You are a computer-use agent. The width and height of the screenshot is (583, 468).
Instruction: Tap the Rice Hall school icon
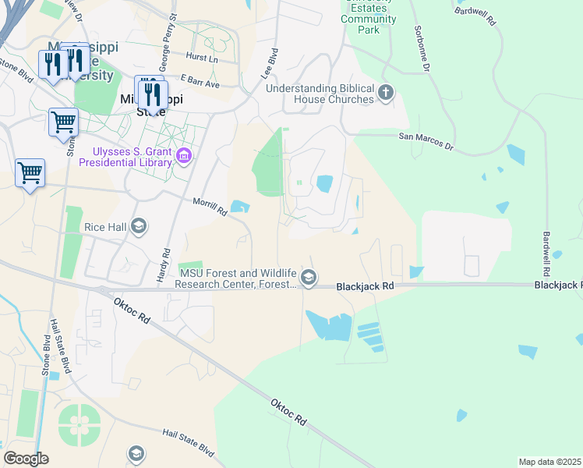139,227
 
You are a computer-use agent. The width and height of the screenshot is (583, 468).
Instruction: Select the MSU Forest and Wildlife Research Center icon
309,278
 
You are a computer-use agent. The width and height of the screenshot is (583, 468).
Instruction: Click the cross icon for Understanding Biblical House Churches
385,94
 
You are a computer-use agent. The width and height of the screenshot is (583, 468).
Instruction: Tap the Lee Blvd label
269,62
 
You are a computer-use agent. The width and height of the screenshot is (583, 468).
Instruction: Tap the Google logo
26,459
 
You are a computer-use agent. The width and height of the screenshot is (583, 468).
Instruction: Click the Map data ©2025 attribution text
549,462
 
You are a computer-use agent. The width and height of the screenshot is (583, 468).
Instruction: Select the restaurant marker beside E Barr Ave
150,94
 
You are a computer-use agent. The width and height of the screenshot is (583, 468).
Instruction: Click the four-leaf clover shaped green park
79,424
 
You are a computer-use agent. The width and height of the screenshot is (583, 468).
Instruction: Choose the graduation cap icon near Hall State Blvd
136,454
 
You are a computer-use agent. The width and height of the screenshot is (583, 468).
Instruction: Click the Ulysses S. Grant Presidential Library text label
132,158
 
